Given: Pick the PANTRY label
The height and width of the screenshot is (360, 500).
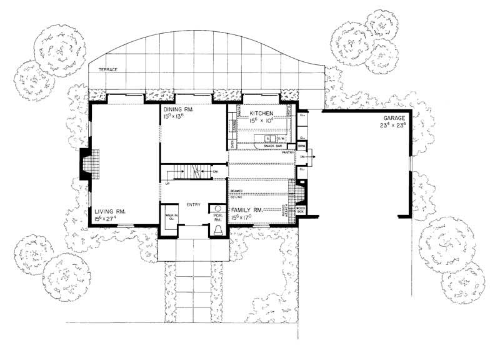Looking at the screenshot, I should coord(287,152).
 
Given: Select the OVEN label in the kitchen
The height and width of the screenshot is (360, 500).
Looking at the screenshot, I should coord(232,144).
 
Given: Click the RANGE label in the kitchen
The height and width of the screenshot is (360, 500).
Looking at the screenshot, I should coord(234,127).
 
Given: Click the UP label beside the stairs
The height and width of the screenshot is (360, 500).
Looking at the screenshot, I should coord(167,183).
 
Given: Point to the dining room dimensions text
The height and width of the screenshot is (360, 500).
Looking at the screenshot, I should coord(176,117).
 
